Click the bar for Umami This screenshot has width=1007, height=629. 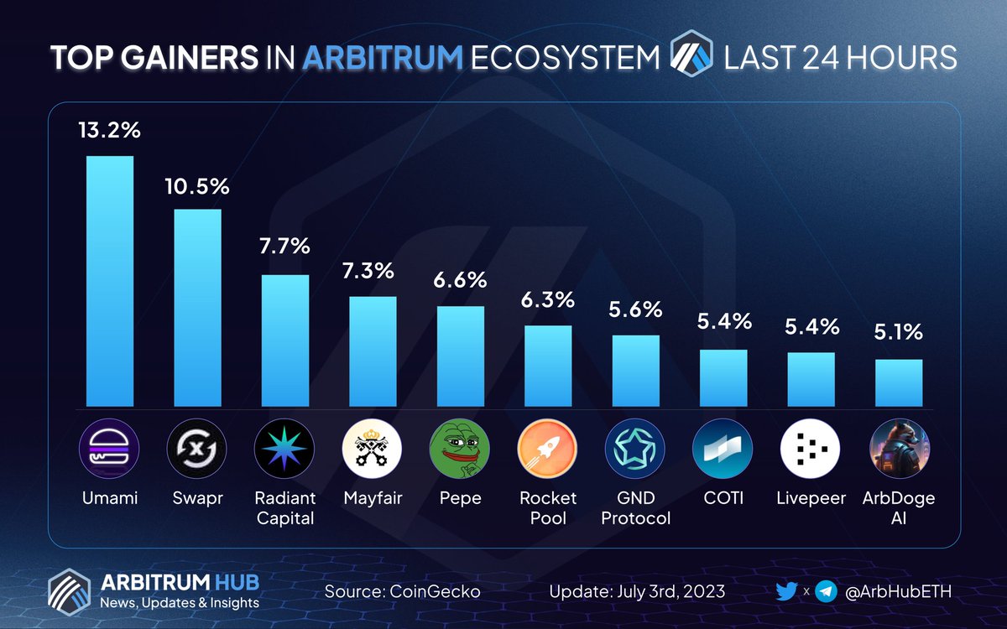tap(110, 281)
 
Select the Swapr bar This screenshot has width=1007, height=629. tap(197, 307)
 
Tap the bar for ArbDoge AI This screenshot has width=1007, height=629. tap(899, 382)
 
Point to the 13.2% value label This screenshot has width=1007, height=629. tap(110, 133)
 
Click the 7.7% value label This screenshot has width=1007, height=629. tap(284, 247)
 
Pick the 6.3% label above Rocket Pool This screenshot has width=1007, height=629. tap(548, 299)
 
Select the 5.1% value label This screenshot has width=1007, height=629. tap(899, 333)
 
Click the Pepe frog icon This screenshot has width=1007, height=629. tap(460, 450)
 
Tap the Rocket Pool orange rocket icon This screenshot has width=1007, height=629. tap(548, 450)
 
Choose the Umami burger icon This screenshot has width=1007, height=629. tap(110, 450)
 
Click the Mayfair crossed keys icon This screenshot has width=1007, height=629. tap(373, 450)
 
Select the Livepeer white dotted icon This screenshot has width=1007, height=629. tap(811, 450)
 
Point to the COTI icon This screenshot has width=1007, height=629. tap(723, 450)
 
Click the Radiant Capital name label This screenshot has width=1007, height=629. tap(284, 508)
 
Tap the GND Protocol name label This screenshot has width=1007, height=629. tap(635, 508)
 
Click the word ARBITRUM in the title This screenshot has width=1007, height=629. tap(383, 58)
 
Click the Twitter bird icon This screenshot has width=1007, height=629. tap(785, 591)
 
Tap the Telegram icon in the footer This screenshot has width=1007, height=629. tap(827, 591)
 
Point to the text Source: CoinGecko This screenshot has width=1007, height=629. tap(402, 591)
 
